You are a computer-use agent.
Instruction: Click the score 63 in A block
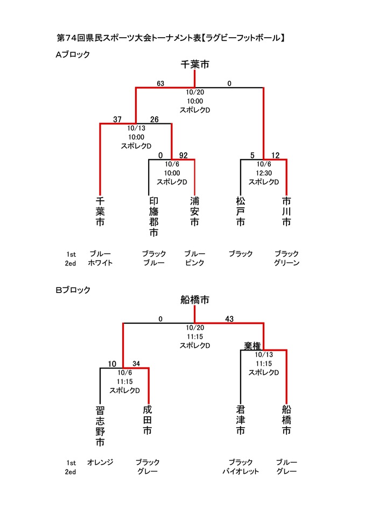click(160, 83)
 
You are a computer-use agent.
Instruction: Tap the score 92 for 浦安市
click(183, 155)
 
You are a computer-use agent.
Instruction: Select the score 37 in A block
click(118, 120)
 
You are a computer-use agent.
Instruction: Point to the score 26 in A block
click(155, 120)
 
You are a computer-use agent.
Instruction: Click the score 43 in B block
click(229, 319)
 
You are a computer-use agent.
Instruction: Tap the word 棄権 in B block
click(252, 346)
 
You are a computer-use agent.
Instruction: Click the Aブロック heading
click(73, 54)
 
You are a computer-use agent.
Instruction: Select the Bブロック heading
click(73, 290)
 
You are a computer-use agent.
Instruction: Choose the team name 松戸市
click(241, 211)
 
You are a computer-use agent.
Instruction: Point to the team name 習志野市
click(100, 425)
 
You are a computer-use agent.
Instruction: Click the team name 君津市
click(241, 420)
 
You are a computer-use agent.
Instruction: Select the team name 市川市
click(286, 211)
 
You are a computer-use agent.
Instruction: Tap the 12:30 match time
click(264, 173)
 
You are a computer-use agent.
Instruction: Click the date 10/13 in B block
click(264, 355)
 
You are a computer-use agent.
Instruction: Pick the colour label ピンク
click(194, 263)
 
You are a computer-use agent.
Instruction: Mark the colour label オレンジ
click(100, 462)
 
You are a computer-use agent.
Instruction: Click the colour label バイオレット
click(241, 471)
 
